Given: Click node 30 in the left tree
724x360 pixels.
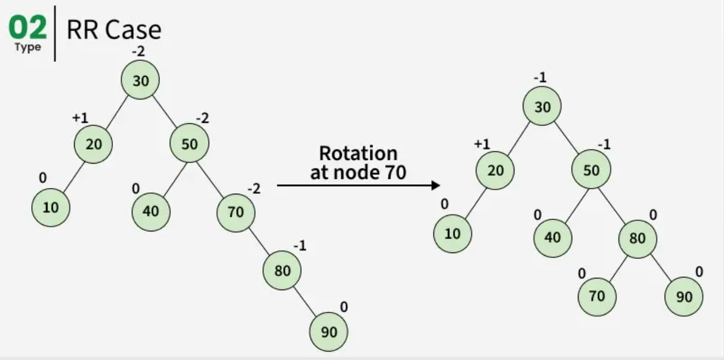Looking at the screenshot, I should tap(140, 81).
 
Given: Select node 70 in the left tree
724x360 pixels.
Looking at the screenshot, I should tap(236, 212).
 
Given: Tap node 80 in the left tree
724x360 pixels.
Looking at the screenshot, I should tap(283, 271).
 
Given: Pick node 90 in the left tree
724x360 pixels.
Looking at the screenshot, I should tap(329, 332).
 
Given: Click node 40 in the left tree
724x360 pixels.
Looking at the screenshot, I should tap(151, 212).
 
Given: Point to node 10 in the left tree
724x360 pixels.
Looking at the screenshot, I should tap(51, 208).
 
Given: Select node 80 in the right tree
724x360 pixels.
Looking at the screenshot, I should tap(637, 239).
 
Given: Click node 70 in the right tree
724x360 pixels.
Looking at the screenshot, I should tap(596, 296).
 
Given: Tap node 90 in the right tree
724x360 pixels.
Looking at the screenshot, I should tap(684, 297).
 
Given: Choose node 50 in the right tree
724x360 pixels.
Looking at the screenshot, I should tap(591, 170).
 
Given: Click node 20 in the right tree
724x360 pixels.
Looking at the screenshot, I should tap(495, 170).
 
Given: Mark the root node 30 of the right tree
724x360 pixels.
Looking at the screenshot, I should tap(542, 107).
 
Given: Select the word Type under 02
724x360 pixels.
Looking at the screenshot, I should tap(28, 48).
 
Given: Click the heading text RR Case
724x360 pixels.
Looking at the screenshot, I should tap(114, 30).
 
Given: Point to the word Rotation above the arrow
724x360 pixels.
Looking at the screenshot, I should tap(358, 154).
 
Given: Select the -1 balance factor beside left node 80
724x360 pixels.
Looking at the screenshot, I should tap(300, 246).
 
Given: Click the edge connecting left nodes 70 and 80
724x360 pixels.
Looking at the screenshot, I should tap(259, 241).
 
